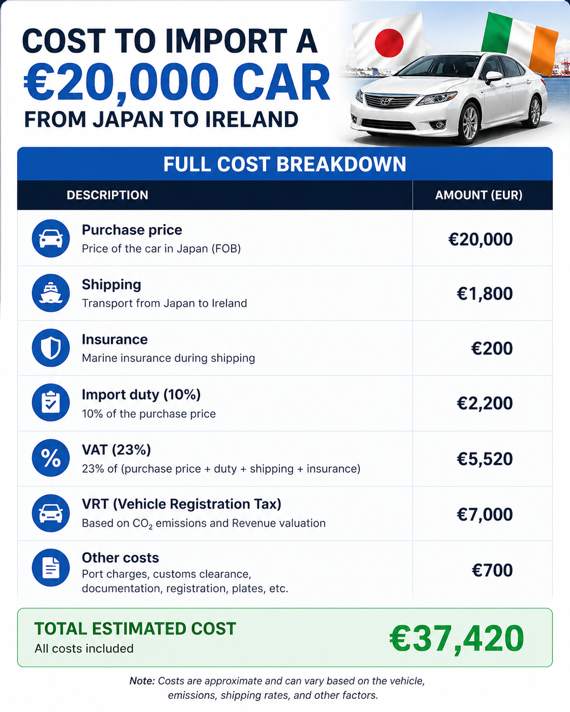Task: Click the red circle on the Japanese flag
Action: point(389,42)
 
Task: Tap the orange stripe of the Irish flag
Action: point(543,49)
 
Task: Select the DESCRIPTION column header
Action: point(107,195)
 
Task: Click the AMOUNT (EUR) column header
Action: point(479,195)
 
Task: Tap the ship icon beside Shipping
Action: point(51,293)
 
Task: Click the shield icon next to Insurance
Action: point(51,348)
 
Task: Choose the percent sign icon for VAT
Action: point(51,458)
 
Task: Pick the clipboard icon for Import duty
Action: point(51,403)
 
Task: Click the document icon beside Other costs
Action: point(51,568)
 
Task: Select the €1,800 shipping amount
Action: point(485,294)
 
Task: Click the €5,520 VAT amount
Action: point(485,459)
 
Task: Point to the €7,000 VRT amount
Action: point(485,514)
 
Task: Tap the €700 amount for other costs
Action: point(492,570)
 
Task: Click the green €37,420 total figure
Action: point(456,638)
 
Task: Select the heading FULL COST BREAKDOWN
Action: point(284,164)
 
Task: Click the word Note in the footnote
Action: point(142,681)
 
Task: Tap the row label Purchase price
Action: point(132,230)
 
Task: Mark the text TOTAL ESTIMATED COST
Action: point(135,629)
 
